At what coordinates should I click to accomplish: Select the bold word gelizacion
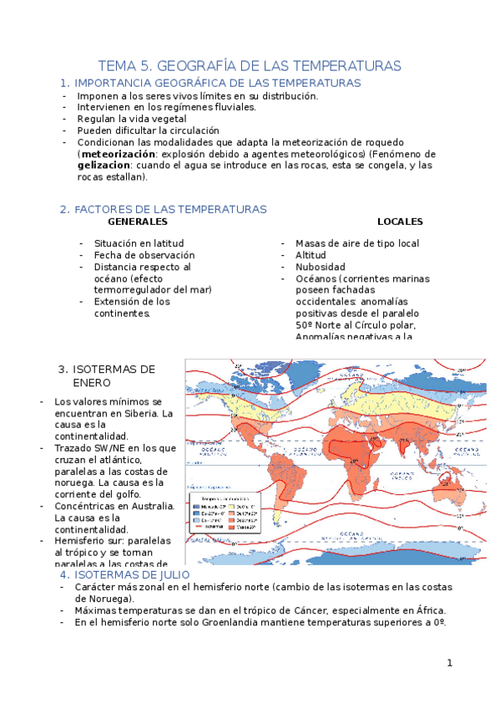click(103, 166)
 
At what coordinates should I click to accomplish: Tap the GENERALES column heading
click(138, 222)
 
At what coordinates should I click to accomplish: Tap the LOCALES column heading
click(400, 222)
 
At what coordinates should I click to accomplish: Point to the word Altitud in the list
click(311, 255)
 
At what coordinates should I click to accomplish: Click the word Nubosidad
click(320, 267)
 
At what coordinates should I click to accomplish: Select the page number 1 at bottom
click(449, 663)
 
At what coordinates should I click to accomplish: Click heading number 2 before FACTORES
click(63, 209)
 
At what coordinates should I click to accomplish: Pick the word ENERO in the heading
click(92, 382)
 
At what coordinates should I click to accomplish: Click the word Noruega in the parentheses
click(99, 599)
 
